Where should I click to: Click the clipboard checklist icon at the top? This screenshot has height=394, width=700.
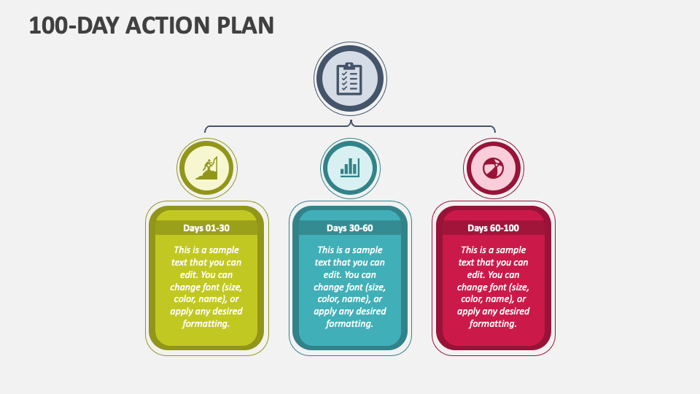point(350,79)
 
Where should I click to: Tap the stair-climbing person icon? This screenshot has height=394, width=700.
point(207,168)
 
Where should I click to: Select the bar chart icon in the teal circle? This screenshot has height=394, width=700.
point(350,168)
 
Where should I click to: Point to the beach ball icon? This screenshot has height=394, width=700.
point(493,168)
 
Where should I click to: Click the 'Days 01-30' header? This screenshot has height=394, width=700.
point(206,228)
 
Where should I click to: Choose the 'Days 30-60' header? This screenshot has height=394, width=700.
point(350,228)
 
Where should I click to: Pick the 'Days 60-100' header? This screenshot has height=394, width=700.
point(493,228)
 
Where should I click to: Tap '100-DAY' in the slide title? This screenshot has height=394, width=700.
point(73,26)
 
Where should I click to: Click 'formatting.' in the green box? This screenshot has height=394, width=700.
point(206,323)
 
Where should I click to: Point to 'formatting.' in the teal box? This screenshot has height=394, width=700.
point(350,323)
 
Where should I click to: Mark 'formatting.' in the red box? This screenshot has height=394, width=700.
point(493,323)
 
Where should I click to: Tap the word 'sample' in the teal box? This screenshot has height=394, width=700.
point(367,250)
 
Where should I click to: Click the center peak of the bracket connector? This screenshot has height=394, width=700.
point(350,121)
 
